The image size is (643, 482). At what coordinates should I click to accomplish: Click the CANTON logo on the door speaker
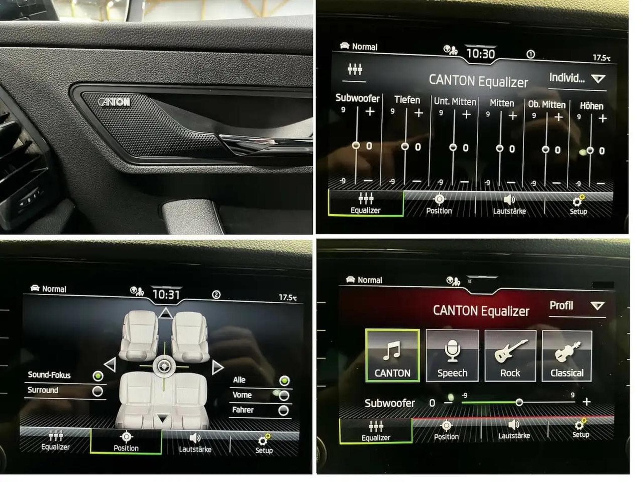tap(114, 102)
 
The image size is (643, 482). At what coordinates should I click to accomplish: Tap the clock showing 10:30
tap(480, 54)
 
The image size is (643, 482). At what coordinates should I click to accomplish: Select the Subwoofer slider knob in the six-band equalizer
tap(356, 145)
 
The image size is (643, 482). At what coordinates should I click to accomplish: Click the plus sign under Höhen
tap(602, 119)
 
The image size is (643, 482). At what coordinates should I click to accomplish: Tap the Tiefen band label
tap(407, 100)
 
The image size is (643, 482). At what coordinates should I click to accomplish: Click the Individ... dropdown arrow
tap(598, 78)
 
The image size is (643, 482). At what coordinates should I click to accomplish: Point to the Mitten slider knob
tap(499, 148)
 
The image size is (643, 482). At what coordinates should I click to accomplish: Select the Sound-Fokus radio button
tap(98, 376)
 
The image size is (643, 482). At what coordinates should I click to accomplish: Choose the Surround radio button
tap(98, 391)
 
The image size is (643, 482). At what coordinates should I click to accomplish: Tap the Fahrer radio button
tap(284, 410)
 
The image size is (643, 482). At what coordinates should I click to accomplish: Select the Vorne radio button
tap(284, 395)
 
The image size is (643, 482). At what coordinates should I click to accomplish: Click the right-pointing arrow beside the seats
tap(217, 367)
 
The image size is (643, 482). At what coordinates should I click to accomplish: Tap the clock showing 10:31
tap(166, 295)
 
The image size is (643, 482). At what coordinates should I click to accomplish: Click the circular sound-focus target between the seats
tap(164, 366)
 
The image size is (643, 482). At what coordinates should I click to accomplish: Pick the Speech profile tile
tap(452, 356)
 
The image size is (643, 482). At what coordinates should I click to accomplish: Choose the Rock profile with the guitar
tap(510, 356)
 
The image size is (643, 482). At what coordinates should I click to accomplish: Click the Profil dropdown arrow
tap(597, 306)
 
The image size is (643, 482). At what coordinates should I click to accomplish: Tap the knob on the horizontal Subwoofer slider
tap(519, 402)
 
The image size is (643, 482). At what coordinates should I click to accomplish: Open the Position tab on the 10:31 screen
tap(126, 442)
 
